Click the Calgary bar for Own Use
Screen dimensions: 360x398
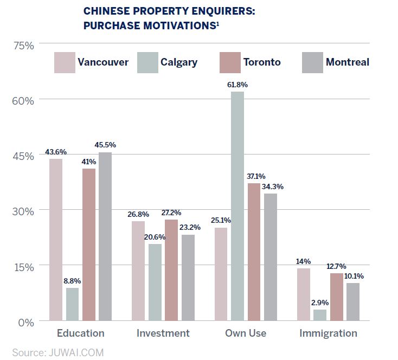[x=237, y=207]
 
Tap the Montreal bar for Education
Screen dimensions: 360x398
[x=105, y=236]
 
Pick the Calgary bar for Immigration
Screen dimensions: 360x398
[x=320, y=315]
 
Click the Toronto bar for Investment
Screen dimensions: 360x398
[x=171, y=270]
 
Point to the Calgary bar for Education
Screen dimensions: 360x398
[x=73, y=304]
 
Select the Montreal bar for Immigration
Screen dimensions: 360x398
[x=353, y=302]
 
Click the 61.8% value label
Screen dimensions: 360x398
[x=238, y=85]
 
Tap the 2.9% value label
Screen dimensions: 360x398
[x=320, y=303]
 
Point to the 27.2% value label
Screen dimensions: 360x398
[x=171, y=213]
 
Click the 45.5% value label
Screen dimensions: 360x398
[x=105, y=145]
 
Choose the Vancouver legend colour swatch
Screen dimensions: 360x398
[x=63, y=62]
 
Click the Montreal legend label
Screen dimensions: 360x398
[x=347, y=62]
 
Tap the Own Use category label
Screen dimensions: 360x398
[x=246, y=333]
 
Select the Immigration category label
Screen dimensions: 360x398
[x=329, y=333]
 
